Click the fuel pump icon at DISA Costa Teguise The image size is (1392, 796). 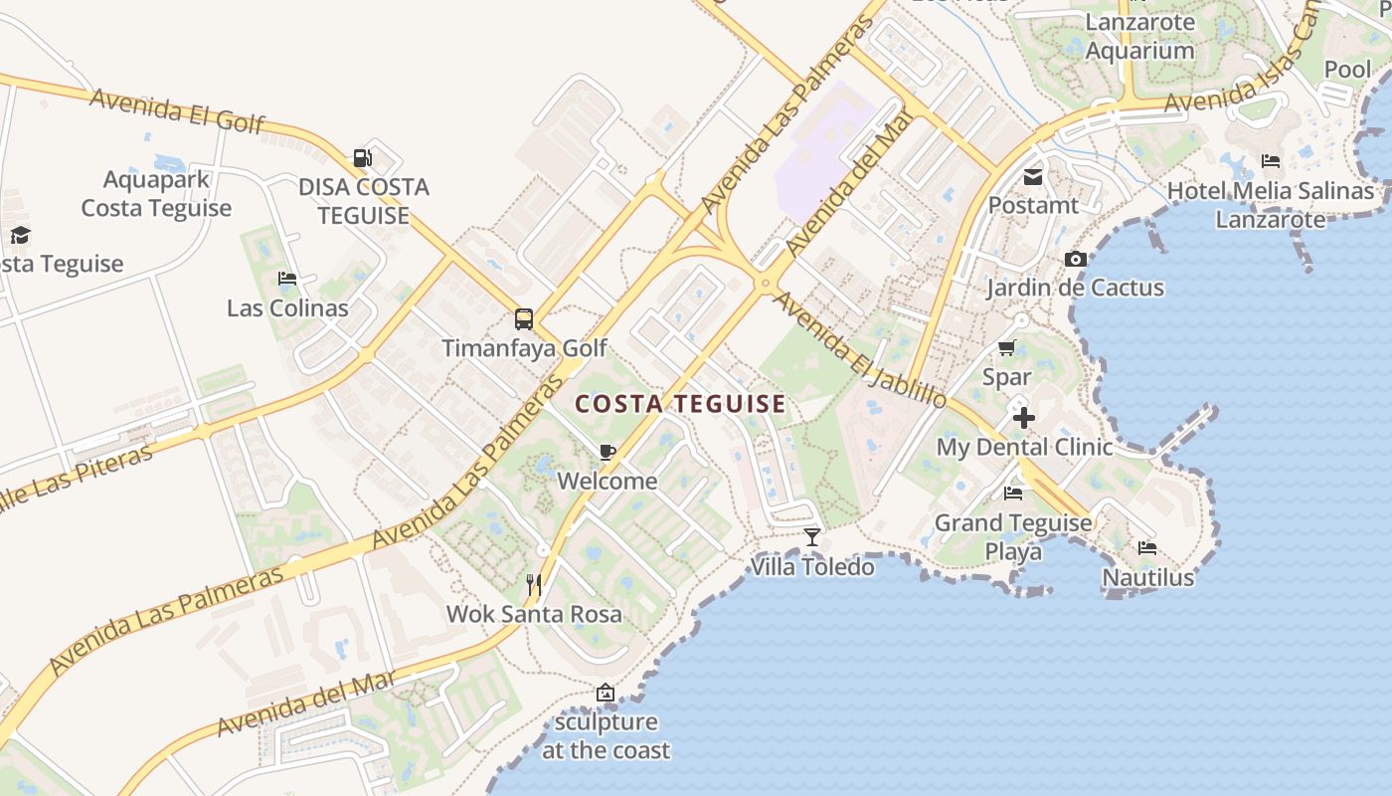tap(362, 157)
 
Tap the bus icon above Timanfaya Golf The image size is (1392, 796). tap(524, 319)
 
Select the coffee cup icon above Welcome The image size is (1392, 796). tap(608, 453)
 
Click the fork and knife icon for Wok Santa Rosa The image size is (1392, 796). tap(534, 585)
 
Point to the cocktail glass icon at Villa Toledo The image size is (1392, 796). tap(812, 537)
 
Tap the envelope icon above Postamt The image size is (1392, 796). tap(1033, 177)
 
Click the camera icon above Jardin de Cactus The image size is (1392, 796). tap(1075, 260)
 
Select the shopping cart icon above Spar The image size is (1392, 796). tap(1006, 348)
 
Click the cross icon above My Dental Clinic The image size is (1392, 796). tap(1023, 417)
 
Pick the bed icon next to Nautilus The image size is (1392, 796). tap(1147, 547)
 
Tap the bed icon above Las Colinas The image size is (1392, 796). tap(287, 279)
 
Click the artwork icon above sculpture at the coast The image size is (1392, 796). tap(605, 693)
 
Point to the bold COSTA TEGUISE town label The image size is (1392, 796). tap(681, 404)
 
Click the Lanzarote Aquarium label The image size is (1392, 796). tap(1139, 36)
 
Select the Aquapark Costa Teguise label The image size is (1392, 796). tap(156, 194)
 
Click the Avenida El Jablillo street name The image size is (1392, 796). tap(859, 351)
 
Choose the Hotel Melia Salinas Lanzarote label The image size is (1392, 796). tap(1271, 205)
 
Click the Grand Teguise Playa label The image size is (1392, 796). tap(1013, 536)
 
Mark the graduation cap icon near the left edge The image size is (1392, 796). tap(20, 235)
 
